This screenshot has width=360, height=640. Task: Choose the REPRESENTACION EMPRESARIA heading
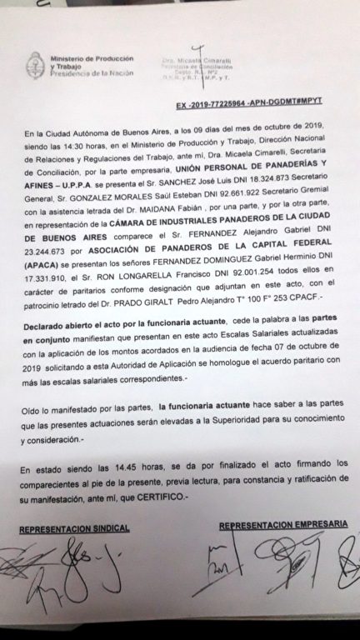(x=282, y=525)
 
